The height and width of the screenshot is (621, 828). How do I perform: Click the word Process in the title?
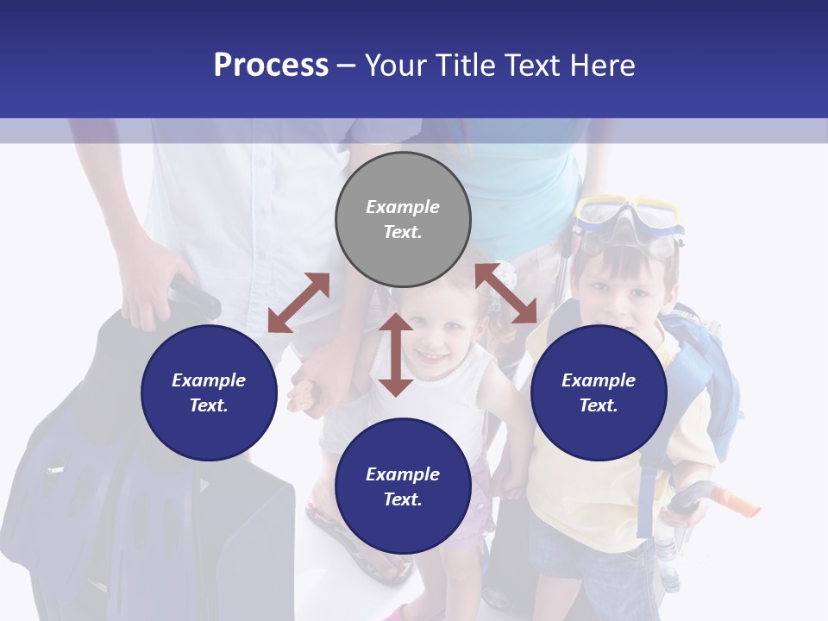click(271, 66)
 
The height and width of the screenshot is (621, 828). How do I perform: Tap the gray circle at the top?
click(403, 219)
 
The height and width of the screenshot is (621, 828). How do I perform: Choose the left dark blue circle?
click(209, 392)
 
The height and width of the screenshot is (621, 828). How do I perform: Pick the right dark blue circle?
click(599, 392)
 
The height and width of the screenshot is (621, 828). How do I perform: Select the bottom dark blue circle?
click(403, 486)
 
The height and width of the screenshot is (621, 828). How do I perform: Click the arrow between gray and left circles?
click(298, 303)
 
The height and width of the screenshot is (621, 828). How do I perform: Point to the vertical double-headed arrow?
click(396, 354)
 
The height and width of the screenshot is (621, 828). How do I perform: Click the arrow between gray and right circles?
click(505, 293)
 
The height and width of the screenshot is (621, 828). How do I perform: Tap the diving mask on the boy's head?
click(628, 223)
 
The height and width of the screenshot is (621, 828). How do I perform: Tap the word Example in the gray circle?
click(403, 207)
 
